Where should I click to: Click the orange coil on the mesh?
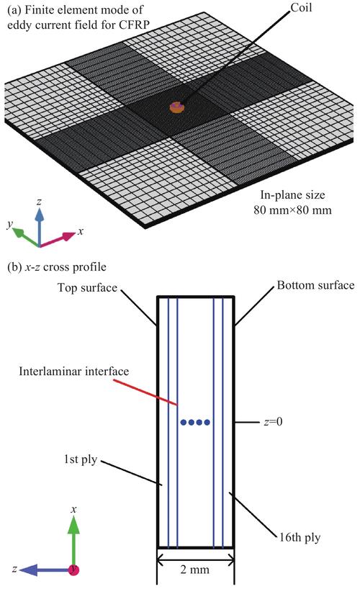tap(176, 107)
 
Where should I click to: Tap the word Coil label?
tap(301, 7)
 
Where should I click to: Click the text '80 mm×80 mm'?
tap(292, 210)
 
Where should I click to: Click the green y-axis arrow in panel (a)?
tap(27, 238)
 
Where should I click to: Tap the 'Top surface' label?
tap(87, 288)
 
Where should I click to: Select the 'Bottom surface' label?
tap(315, 285)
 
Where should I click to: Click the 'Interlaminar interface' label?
tap(74, 372)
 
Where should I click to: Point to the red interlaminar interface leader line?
tap(145, 392)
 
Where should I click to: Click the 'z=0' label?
tap(273, 422)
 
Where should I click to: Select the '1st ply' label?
tap(81, 459)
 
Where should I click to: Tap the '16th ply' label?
tap(300, 537)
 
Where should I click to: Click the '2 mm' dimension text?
tap(194, 570)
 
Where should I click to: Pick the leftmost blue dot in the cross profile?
tap(184, 422)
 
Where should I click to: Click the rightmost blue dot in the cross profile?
tap(207, 422)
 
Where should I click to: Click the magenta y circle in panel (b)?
tap(74, 570)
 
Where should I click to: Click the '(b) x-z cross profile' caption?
tap(57, 267)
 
